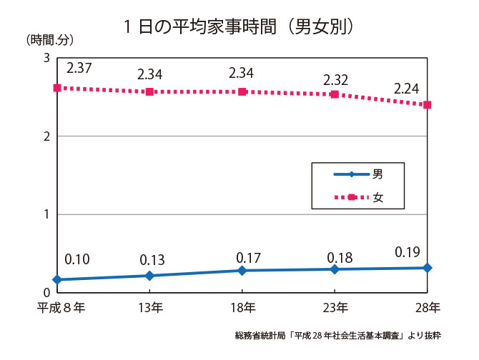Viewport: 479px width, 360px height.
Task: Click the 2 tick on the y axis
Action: coord(46,136)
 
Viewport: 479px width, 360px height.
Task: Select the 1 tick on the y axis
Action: coord(46,214)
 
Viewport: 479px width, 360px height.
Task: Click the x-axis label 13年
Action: coord(150,308)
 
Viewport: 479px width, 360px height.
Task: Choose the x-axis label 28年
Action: coord(427,308)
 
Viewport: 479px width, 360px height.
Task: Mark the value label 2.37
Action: coord(79,68)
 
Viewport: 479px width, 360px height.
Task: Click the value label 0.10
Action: coord(76,259)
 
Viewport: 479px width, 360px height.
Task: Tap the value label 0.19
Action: coord(408,252)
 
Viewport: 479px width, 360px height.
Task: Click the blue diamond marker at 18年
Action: coord(242,271)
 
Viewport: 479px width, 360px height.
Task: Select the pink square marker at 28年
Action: coord(427,105)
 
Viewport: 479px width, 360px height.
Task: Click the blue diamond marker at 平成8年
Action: coord(57,279)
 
